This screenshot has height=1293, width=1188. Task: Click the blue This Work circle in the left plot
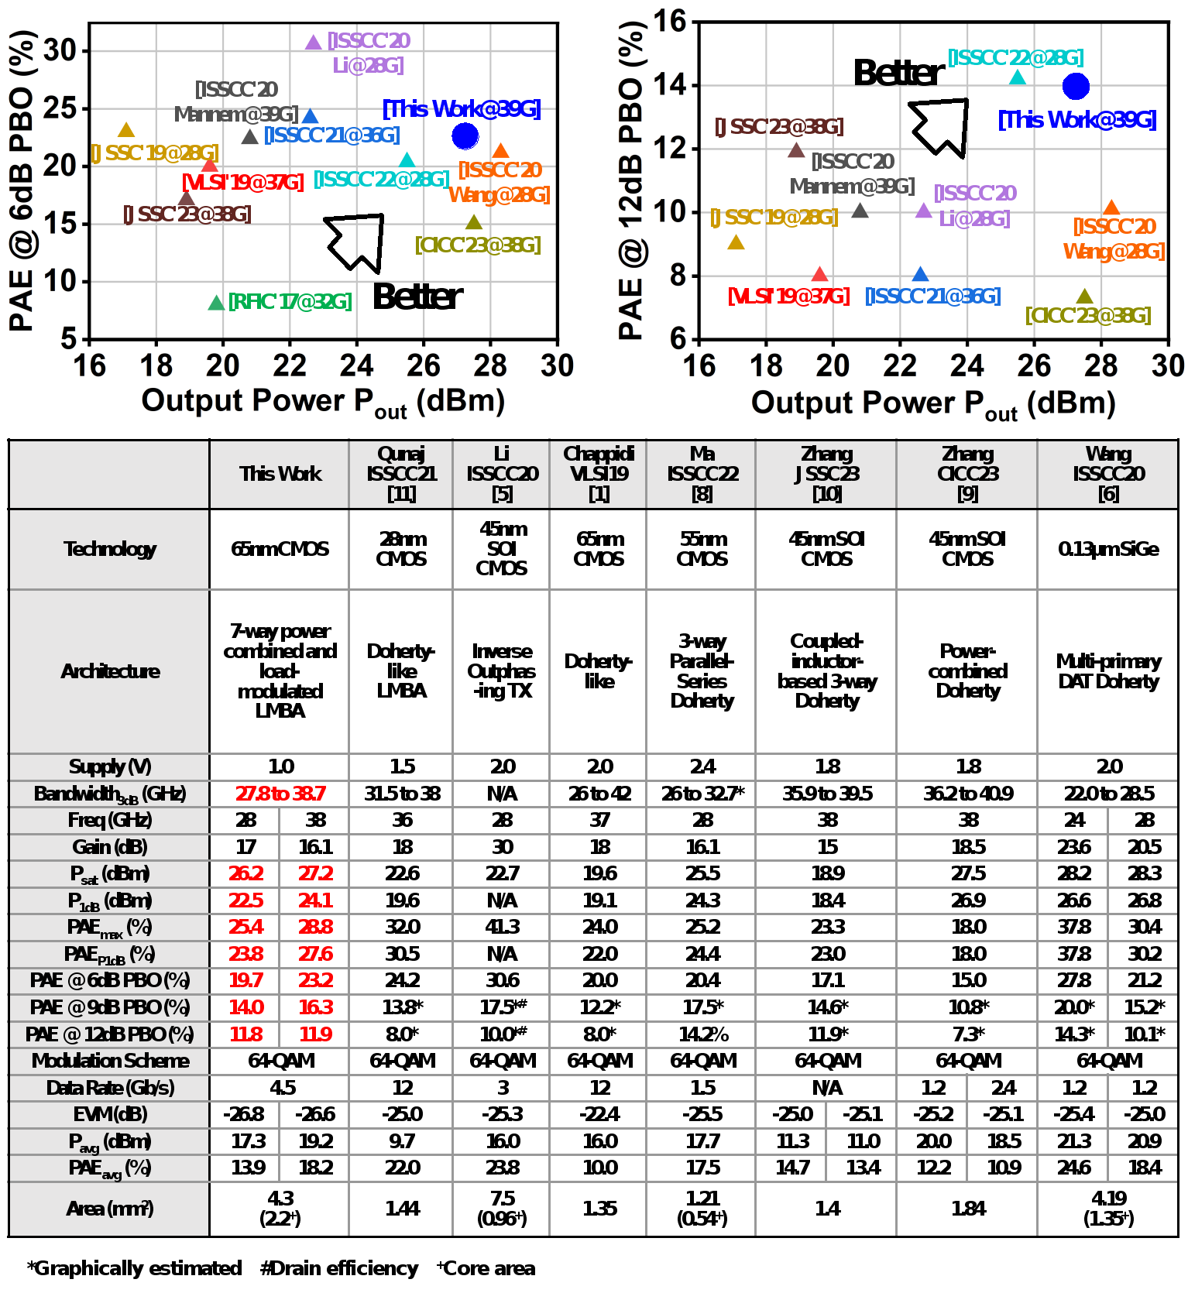click(x=465, y=135)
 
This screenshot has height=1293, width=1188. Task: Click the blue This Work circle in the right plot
click(x=1076, y=87)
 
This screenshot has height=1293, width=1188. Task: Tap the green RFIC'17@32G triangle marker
click(x=216, y=303)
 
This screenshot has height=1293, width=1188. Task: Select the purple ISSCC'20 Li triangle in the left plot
click(x=313, y=43)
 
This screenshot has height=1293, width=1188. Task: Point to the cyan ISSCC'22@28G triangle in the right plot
click(x=1018, y=77)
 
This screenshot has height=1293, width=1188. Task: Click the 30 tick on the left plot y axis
click(x=60, y=51)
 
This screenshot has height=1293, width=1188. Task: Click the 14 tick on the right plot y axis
click(x=670, y=84)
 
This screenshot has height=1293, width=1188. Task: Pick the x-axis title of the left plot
click(x=323, y=402)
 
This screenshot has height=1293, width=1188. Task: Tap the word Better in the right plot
click(x=898, y=73)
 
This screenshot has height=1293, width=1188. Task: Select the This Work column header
click(x=280, y=474)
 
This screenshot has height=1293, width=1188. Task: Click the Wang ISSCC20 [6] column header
click(x=1108, y=474)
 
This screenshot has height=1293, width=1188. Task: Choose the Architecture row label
click(x=110, y=671)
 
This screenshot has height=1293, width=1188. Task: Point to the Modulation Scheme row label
click(x=110, y=1061)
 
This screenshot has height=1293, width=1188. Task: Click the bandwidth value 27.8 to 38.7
click(x=280, y=794)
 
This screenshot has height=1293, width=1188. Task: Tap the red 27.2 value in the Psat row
click(x=315, y=873)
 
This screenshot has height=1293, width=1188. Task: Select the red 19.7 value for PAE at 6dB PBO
click(x=245, y=980)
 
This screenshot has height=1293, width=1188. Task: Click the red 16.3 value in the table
click(x=315, y=1007)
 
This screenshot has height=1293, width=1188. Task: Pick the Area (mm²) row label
click(x=110, y=1209)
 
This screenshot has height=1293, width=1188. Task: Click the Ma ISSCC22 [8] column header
click(x=702, y=474)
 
